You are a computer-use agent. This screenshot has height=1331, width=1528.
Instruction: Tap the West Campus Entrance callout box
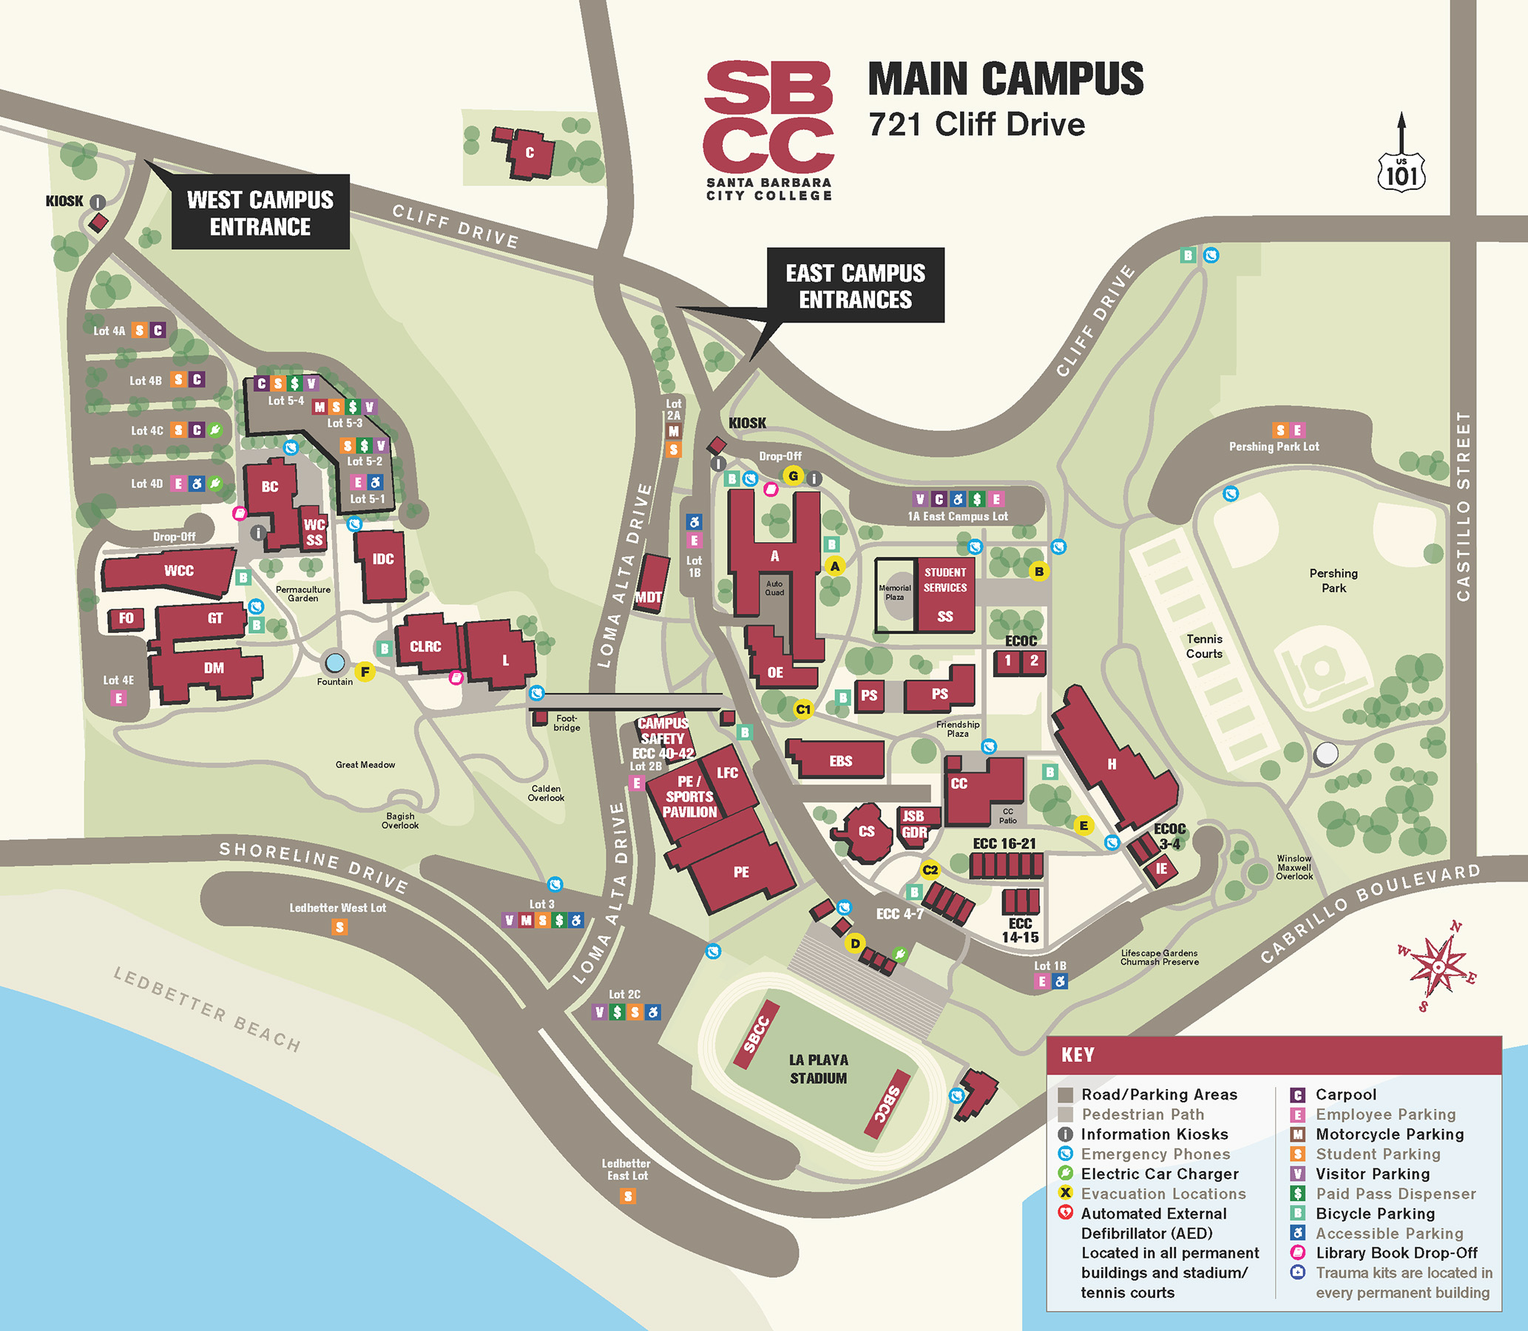coord(260,212)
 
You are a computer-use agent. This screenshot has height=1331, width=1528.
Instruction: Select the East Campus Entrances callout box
coord(855,286)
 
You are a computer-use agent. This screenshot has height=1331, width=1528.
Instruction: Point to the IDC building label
coord(382,559)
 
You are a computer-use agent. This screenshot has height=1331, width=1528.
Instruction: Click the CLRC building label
coord(425,647)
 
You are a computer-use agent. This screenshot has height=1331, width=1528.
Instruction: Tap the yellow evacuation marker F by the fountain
coord(365,672)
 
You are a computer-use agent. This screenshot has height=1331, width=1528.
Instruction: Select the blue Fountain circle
coord(335,661)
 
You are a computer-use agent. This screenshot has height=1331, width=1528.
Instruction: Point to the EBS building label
coord(840,762)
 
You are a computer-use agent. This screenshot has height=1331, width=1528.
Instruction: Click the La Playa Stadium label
coord(818,1068)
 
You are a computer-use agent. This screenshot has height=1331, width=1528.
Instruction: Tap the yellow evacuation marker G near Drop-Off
coord(794,476)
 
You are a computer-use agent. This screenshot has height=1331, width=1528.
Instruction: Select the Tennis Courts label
coord(1203,646)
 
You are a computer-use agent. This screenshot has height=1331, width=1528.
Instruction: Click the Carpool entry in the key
coord(1345,1095)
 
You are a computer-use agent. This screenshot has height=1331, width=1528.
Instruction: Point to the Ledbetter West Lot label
coord(337,907)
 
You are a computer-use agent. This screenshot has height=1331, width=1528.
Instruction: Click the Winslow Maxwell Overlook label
coord(1294,867)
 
